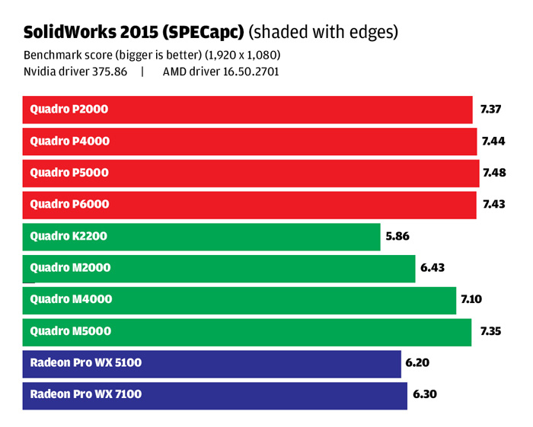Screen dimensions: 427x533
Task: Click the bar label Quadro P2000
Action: tap(69, 109)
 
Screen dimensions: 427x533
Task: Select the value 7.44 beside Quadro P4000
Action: tap(491, 141)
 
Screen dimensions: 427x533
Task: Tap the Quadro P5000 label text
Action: tap(69, 173)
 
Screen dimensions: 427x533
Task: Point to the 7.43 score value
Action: tap(490, 204)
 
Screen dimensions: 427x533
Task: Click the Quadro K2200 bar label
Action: tap(69, 236)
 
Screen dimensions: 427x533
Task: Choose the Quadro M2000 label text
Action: tap(70, 268)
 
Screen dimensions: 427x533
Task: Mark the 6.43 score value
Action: tap(432, 268)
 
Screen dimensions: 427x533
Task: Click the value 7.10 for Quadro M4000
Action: tap(472, 299)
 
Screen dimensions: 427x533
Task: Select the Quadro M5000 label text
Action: tap(70, 331)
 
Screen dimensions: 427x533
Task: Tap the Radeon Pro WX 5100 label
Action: tap(85, 363)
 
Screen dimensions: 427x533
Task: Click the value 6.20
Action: tap(418, 363)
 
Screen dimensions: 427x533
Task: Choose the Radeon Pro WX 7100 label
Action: tap(85, 394)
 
